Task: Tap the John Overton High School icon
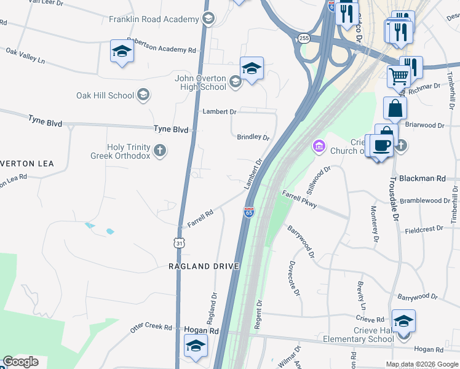click(x=235, y=82)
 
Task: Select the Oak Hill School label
click(x=105, y=95)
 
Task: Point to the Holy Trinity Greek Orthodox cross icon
click(x=160, y=150)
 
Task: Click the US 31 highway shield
click(x=179, y=243)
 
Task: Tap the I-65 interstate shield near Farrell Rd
click(x=248, y=212)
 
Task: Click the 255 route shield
click(x=304, y=38)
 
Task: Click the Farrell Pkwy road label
click(x=299, y=199)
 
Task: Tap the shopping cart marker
click(x=399, y=77)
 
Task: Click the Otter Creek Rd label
click(x=151, y=327)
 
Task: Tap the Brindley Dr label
click(x=253, y=137)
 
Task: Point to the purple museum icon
click(x=319, y=146)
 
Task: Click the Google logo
click(x=20, y=362)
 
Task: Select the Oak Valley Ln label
click(x=26, y=56)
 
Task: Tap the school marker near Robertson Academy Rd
click(x=122, y=52)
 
